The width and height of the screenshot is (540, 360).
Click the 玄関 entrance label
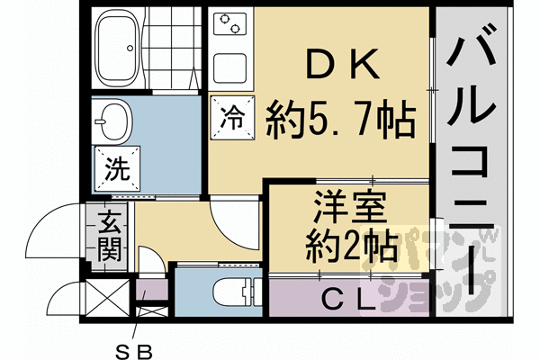pos(110,235)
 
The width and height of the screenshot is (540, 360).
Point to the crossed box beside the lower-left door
pos(109,298)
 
